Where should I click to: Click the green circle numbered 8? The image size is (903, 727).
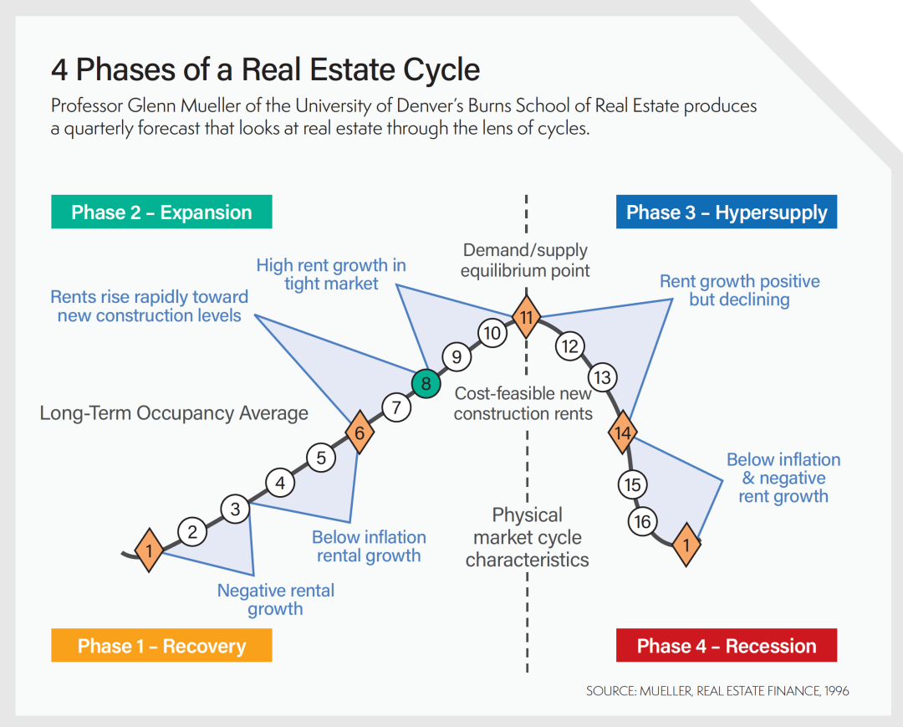(426, 384)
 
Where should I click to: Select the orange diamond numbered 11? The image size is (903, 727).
(526, 317)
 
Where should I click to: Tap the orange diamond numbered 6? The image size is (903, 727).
(360, 433)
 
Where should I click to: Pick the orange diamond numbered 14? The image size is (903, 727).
(622, 433)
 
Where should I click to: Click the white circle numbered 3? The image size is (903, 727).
(236, 508)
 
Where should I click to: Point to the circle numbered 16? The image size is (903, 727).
(642, 522)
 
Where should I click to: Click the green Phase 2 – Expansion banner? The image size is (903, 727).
(161, 212)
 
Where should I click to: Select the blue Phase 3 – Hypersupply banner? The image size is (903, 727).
(726, 212)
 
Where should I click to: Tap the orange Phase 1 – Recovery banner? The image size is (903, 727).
(161, 646)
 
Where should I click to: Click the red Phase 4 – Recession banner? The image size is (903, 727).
(726, 646)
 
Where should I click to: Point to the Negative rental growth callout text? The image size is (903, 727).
(275, 600)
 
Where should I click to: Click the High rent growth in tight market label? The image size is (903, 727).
(331, 274)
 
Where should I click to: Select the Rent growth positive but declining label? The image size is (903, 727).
(739, 290)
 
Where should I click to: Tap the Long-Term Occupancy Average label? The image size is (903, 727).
(174, 413)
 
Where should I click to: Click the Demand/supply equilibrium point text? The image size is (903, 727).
(525, 260)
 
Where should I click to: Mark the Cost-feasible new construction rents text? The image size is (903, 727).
(523, 403)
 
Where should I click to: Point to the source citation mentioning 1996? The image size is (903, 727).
(717, 691)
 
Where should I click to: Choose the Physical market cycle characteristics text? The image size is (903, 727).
(527, 537)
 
